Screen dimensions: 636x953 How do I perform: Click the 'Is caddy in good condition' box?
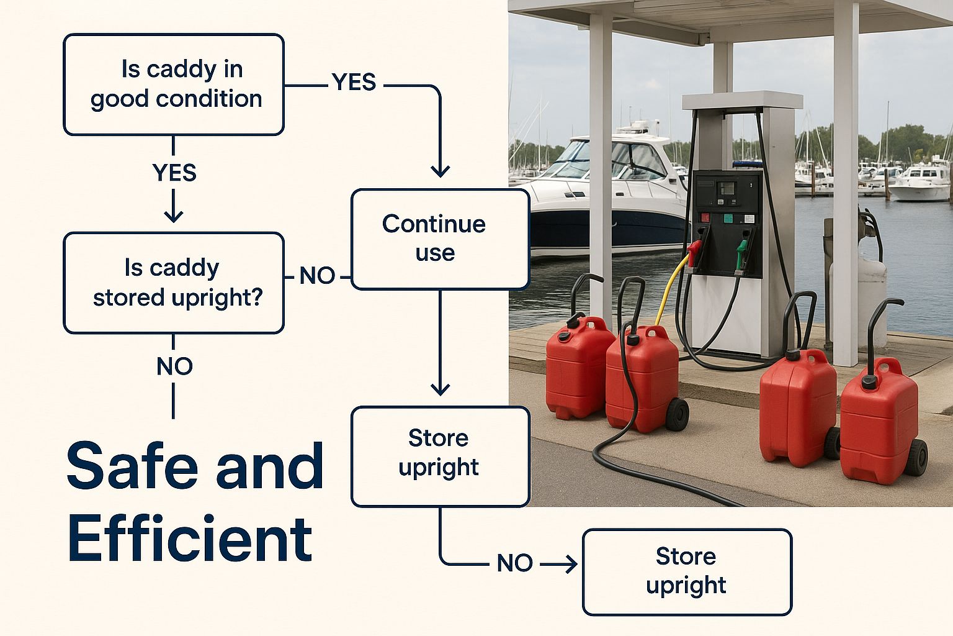(174, 84)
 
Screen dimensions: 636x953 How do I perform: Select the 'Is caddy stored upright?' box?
(174, 283)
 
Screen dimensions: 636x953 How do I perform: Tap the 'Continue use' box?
(440, 239)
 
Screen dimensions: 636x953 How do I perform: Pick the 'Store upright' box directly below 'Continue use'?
(440, 456)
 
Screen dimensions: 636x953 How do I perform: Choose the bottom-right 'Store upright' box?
(687, 571)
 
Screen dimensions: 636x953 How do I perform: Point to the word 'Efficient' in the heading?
(190, 539)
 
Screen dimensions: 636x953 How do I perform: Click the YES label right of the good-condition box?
(354, 82)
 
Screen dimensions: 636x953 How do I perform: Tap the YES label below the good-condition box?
(174, 173)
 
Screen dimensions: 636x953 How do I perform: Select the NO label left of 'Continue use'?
(317, 276)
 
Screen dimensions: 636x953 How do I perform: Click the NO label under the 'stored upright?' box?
(174, 366)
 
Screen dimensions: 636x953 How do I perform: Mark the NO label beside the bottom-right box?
(514, 563)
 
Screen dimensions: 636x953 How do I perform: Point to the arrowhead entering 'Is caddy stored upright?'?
(174, 216)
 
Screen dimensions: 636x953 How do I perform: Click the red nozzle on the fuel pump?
(694, 252)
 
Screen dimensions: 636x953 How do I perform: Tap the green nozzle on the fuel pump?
(741, 252)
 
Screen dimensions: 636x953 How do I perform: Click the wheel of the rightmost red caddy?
(916, 458)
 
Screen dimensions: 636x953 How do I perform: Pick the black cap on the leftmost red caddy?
(564, 336)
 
